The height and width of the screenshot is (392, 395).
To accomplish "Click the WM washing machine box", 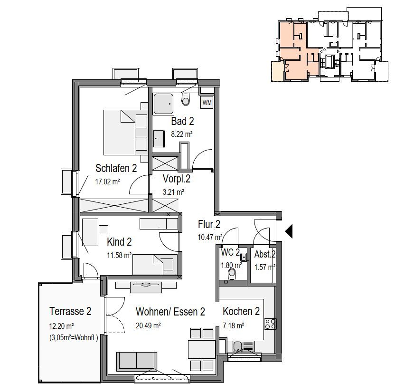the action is tap(207, 102).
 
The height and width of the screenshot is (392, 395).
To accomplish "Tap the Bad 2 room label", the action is tap(182, 121).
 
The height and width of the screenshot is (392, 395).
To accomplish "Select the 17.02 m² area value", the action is tap(107, 182).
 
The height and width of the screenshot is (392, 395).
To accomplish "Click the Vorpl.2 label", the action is tap(176, 179).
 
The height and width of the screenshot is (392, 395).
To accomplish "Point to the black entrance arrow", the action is tap(289, 231).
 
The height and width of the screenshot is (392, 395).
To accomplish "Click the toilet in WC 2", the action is tap(232, 274).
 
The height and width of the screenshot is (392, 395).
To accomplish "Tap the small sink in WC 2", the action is tap(244, 258).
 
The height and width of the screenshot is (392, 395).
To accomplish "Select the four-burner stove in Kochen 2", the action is tap(270, 324).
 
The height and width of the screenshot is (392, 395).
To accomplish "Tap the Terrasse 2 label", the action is tap(70, 311).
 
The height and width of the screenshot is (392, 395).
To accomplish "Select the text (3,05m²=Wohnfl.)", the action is tap(74, 337).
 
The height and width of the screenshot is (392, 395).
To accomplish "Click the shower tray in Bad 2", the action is tap(163, 104).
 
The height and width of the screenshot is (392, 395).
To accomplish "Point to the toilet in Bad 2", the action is tap(186, 99).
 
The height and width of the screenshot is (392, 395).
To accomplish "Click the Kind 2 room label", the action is tap(119, 242).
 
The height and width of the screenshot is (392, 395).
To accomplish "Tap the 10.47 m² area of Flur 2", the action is tap(210, 237).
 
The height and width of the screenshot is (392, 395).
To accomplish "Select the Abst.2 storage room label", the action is tap(265, 254).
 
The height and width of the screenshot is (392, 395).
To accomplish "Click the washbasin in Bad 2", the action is tap(159, 139).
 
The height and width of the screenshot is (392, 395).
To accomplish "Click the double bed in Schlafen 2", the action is tap(125, 133).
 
